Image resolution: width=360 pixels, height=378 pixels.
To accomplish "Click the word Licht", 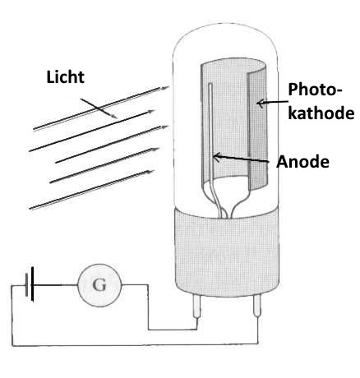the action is [65, 77].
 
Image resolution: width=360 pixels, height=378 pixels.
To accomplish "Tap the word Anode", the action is [302, 162].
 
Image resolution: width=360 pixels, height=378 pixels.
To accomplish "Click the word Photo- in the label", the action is [316, 90].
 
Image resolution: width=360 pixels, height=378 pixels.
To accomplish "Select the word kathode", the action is [321, 113].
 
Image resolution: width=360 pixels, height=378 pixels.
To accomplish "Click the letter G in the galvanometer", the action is [99, 285].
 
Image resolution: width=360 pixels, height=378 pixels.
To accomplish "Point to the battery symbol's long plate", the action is [32, 284].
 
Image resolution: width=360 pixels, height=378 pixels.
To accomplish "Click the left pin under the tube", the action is [196, 307].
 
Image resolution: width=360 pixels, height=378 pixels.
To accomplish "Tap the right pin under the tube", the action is [257, 306].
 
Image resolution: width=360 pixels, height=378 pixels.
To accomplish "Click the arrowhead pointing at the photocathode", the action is [261, 104].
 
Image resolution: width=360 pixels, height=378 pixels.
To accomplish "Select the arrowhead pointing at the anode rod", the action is [217, 157].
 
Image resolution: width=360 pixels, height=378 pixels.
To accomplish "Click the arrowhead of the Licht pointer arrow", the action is [114, 116].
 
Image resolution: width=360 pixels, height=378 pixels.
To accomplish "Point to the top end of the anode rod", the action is [210, 84].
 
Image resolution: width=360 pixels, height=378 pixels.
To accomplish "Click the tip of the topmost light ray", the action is [168, 87].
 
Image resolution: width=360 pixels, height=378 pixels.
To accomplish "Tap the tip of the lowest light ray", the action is [154, 171].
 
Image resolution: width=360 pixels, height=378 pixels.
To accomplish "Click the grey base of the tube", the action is [227, 253].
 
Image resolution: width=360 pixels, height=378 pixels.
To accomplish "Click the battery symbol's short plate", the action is [26, 284].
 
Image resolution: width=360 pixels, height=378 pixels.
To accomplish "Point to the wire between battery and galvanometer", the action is [56, 285].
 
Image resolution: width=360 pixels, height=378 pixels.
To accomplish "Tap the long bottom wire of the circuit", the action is [135, 344].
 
